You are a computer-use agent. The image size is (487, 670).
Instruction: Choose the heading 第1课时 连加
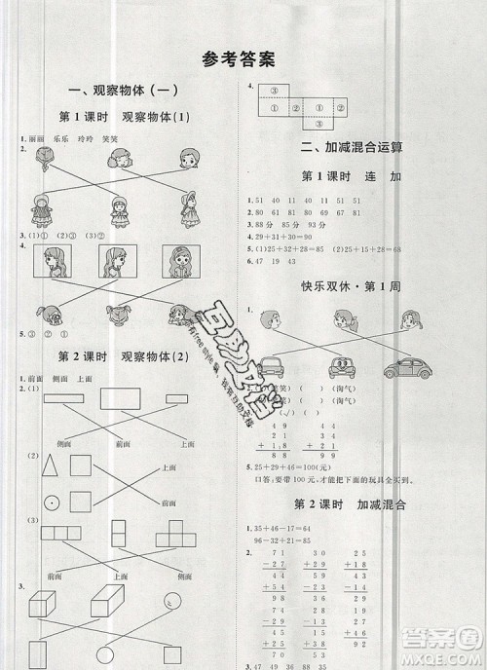click(354, 177)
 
